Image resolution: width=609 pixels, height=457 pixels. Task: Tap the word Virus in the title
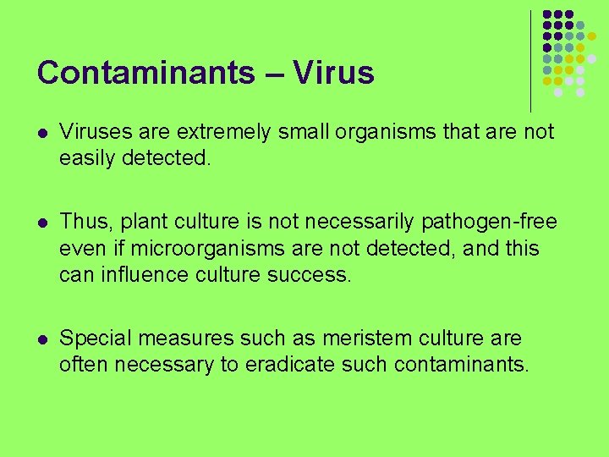tap(334, 73)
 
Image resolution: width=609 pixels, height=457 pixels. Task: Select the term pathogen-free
tap(493, 223)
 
